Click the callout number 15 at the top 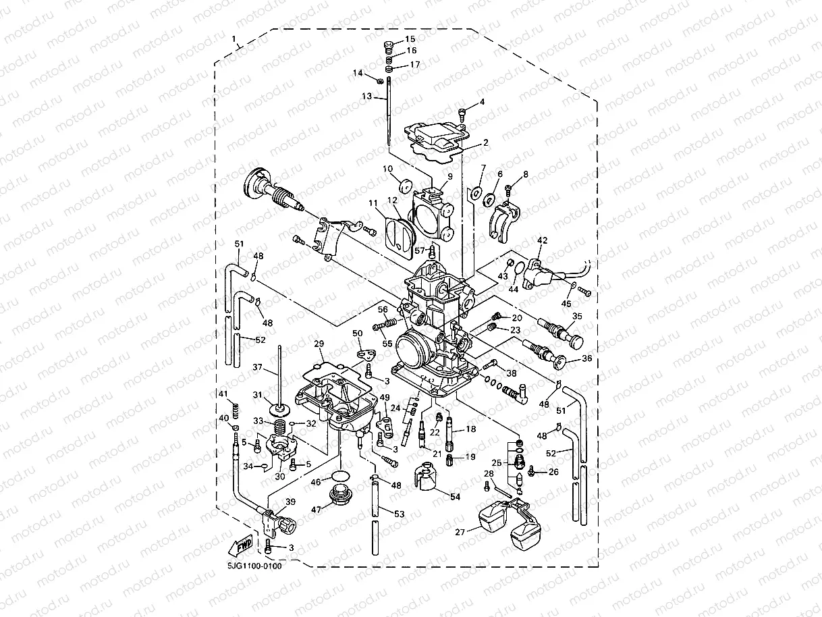pyautogui.click(x=410, y=40)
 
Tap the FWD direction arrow pyautogui.click(x=242, y=543)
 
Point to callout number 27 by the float pyautogui.click(x=460, y=532)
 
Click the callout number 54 pyautogui.click(x=455, y=497)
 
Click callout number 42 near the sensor pyautogui.click(x=542, y=241)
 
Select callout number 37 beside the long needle pyautogui.click(x=257, y=367)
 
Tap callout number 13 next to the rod pyautogui.click(x=366, y=97)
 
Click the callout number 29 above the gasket pyautogui.click(x=319, y=344)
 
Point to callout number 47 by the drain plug pyautogui.click(x=315, y=510)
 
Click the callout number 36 pyautogui.click(x=586, y=359)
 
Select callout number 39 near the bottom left pyautogui.click(x=291, y=502)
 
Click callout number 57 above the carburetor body pyautogui.click(x=420, y=250)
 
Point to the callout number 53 pyautogui.click(x=400, y=514)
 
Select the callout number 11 pyautogui.click(x=373, y=203)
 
